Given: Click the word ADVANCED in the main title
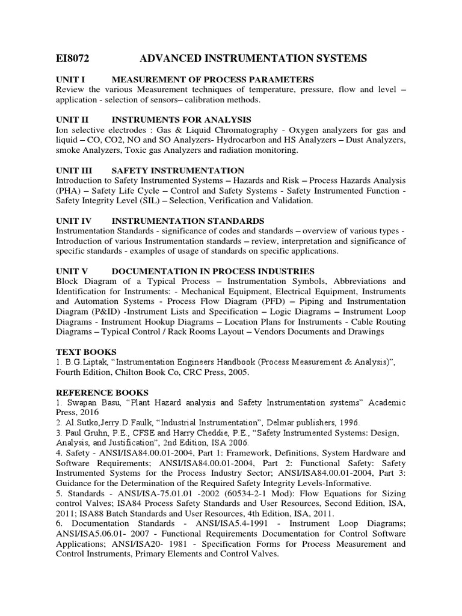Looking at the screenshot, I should [x=172, y=58].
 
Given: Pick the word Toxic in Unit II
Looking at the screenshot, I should [x=132, y=150].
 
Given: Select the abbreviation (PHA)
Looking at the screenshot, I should [x=70, y=191].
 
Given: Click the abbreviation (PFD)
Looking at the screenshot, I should [x=276, y=301].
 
